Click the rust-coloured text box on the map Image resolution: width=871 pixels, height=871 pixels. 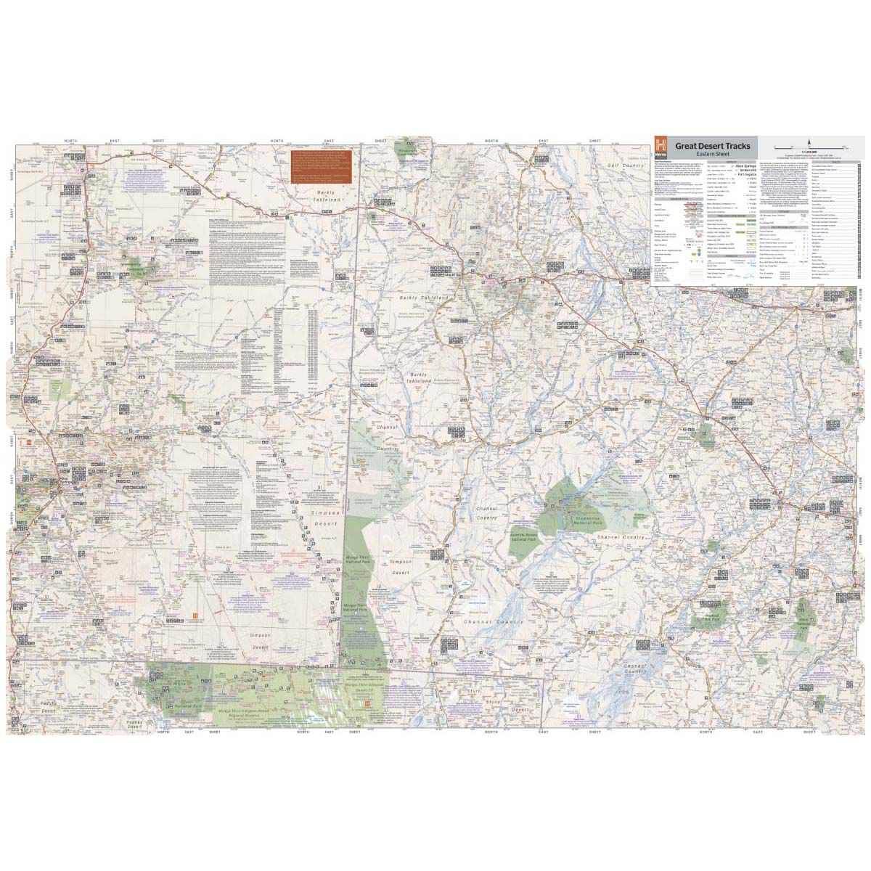[316, 168]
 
